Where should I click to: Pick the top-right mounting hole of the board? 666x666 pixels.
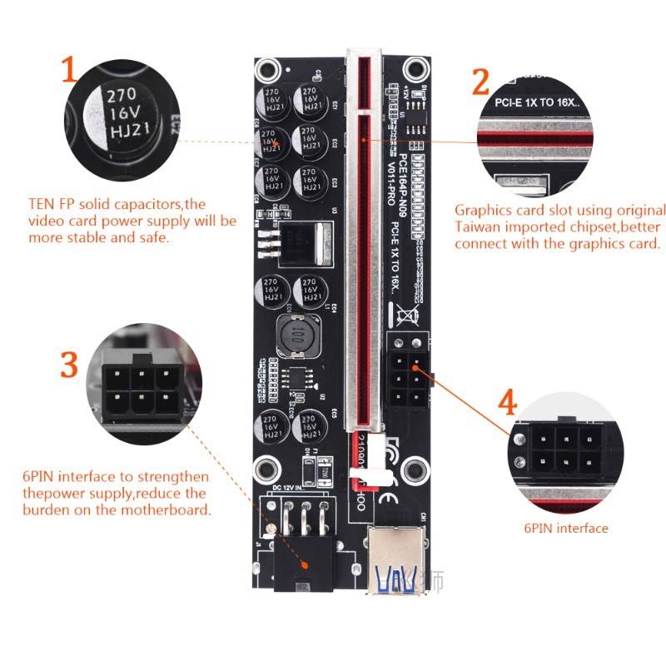(413, 69)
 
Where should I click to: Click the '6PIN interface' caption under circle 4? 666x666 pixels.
(565, 528)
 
